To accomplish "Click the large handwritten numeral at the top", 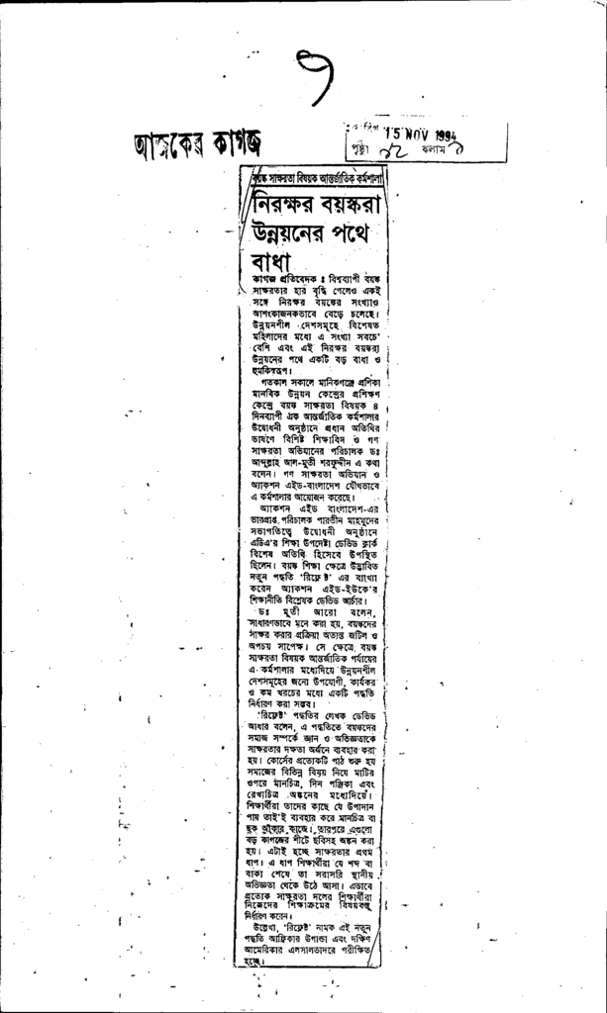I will pyautogui.click(x=316, y=76).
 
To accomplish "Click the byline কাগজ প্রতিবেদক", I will pyautogui.click(x=270, y=282).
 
